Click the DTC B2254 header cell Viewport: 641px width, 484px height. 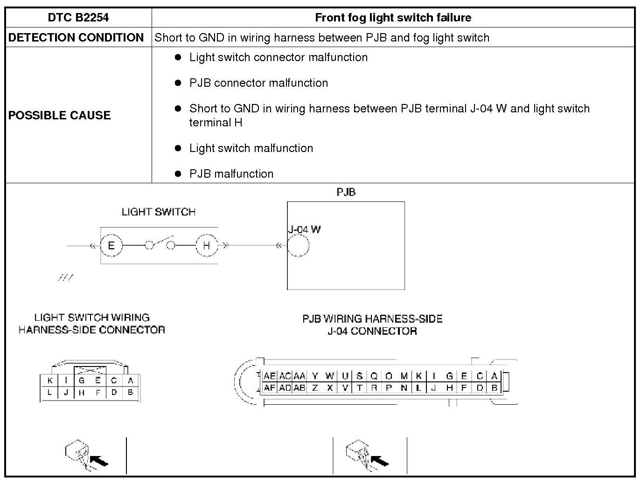pos(78,18)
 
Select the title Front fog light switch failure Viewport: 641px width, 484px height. pos(393,18)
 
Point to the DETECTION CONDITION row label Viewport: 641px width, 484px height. pos(76,38)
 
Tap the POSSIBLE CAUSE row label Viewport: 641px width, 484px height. pos(59,115)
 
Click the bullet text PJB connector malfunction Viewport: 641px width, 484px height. pos(258,83)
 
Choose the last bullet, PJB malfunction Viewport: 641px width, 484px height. pos(231,174)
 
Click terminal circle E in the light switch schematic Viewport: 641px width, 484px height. pos(111,245)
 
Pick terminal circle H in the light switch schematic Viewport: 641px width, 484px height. pos(207,245)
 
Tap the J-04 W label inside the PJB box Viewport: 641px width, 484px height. pos(304,229)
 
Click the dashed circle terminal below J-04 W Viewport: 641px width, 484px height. pos(298,246)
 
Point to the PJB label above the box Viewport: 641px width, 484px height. pos(346,192)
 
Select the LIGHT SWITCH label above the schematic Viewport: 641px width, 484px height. pos(159,212)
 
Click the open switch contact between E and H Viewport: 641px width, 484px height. pos(160,243)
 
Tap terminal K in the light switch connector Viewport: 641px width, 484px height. pos(50,380)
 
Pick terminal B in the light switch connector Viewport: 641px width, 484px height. pos(131,393)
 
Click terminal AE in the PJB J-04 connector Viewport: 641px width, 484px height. pos(270,376)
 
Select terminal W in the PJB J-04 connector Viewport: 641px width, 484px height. pos(330,376)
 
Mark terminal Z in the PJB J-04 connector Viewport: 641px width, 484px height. pos(315,387)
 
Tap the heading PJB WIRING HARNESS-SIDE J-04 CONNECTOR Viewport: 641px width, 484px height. pos(372,325)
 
